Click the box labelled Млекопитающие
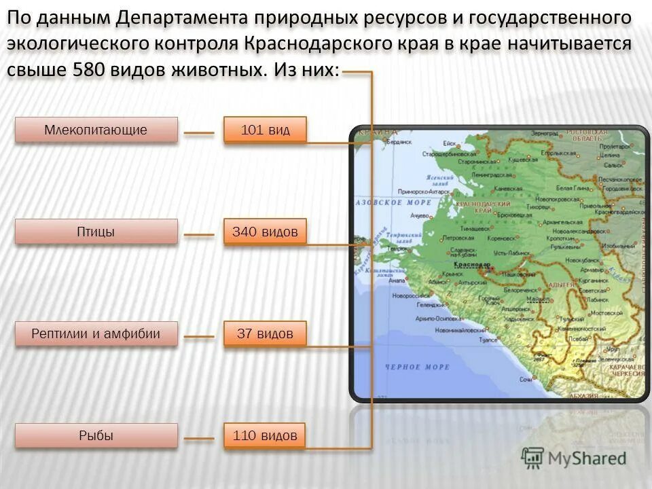(96, 130)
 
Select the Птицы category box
(96, 232)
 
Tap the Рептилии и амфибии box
(96, 333)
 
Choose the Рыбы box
(96, 435)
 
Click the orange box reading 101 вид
(265, 130)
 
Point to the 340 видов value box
(265, 232)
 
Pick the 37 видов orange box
(265, 333)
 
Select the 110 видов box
(265, 435)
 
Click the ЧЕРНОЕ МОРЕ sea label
(417, 367)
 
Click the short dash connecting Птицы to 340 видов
(199, 235)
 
